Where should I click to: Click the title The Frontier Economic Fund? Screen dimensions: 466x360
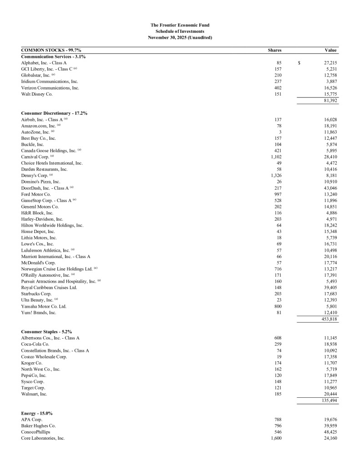coord(180,25)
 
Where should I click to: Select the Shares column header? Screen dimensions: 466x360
coord(274,50)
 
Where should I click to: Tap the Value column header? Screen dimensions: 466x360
coord(330,50)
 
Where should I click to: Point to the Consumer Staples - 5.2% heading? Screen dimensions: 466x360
coord(46,332)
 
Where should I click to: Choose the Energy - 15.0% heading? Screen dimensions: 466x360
coord(37,413)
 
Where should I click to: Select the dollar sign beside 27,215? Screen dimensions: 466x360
coord(299,62)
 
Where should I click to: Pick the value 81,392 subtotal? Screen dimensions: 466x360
coord(329,100)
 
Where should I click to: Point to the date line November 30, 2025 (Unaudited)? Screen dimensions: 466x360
coord(180,37)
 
